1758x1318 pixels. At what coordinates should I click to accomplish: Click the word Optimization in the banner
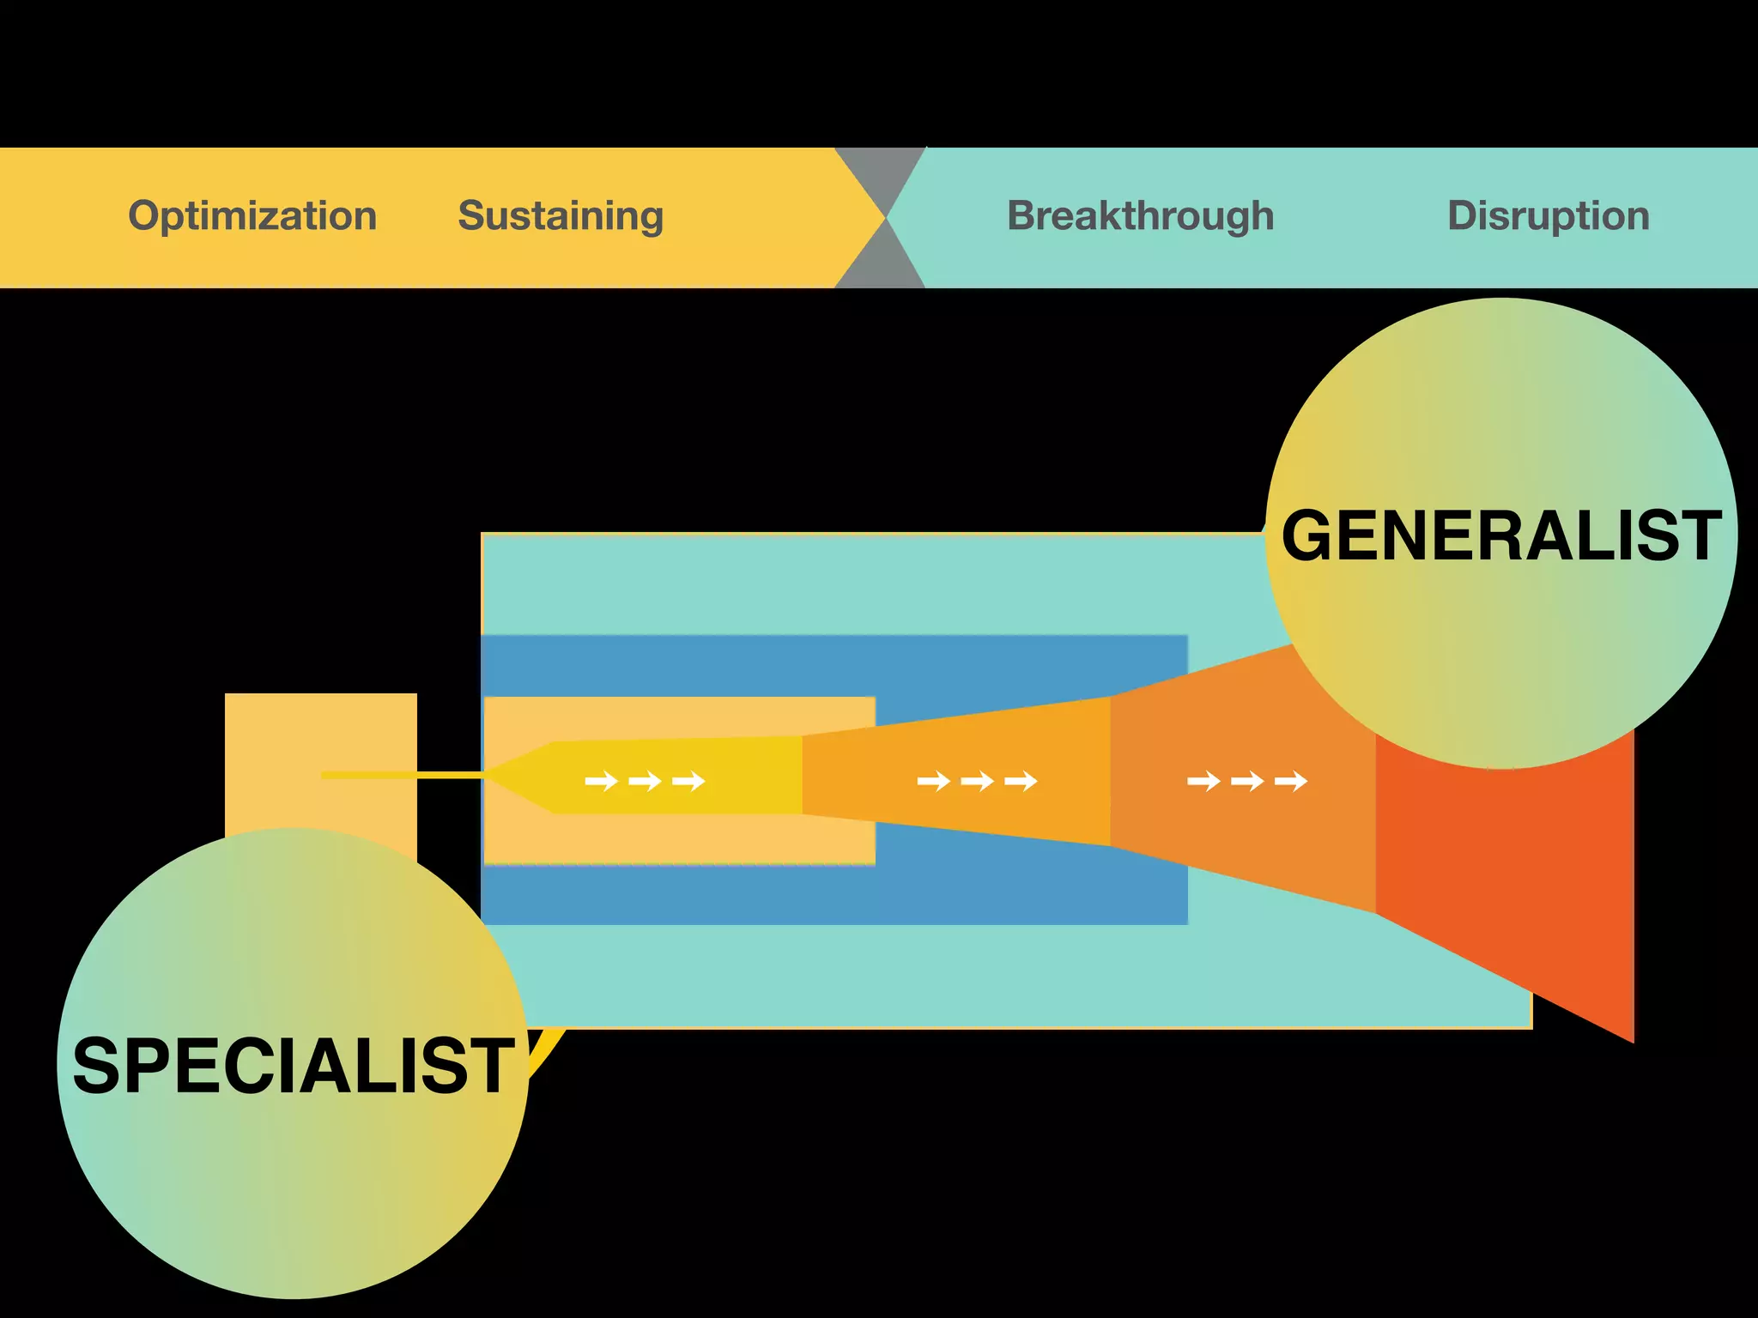[x=252, y=216]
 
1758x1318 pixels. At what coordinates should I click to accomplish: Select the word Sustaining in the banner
[x=561, y=216]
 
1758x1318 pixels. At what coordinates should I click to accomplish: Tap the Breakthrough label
[x=1140, y=216]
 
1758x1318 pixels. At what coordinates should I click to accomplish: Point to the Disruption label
[x=1548, y=216]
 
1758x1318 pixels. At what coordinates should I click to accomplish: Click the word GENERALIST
[x=1500, y=536]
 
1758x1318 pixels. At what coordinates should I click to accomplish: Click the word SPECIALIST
[x=294, y=1067]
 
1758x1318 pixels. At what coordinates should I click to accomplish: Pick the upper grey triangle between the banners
[x=881, y=172]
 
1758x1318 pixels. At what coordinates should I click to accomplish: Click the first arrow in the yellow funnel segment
[x=601, y=781]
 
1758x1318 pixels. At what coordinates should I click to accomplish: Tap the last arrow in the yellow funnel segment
[x=688, y=781]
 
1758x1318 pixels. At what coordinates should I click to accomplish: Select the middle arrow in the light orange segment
[x=977, y=781]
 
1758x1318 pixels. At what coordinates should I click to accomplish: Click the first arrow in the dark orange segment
[x=1203, y=781]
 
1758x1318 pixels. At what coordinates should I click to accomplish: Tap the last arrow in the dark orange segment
[x=1291, y=781]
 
